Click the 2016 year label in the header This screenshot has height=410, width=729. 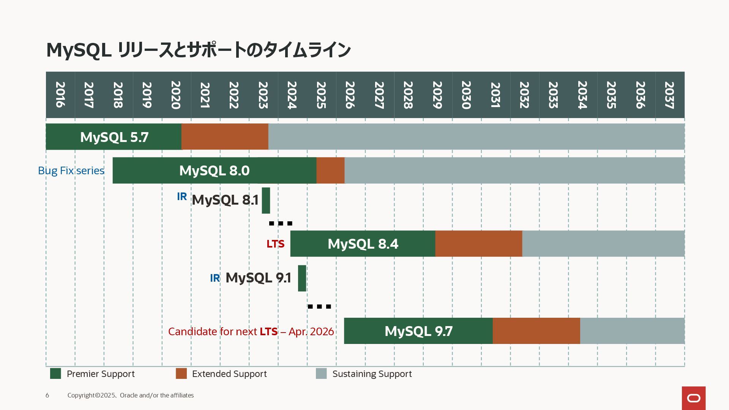[x=60, y=95]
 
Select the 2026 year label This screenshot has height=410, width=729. [x=350, y=95]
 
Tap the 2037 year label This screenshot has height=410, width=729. [x=669, y=95]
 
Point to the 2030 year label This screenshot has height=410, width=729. [x=466, y=95]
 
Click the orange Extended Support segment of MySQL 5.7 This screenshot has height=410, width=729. [x=225, y=137]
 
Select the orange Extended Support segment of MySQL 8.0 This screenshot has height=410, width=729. [x=330, y=170]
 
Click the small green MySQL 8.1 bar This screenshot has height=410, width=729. [x=266, y=200]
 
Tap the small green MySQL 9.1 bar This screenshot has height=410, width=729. [x=302, y=278]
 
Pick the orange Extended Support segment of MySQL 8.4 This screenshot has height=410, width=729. [x=478, y=244]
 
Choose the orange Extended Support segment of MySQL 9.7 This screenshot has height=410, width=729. [x=536, y=331]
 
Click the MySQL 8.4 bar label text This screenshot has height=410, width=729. [x=363, y=244]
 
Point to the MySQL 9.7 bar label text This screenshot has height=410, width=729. [x=418, y=331]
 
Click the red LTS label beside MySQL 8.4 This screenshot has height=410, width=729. [x=275, y=244]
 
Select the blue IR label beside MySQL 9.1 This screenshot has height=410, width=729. [x=215, y=278]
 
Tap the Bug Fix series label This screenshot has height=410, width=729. [x=71, y=170]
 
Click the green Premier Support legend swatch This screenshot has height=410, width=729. [x=55, y=374]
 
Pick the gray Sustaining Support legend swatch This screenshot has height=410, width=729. [x=321, y=374]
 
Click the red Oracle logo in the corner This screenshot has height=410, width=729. [x=694, y=398]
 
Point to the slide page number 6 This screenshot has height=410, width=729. [x=47, y=395]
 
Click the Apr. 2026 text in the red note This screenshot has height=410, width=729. [x=311, y=331]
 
